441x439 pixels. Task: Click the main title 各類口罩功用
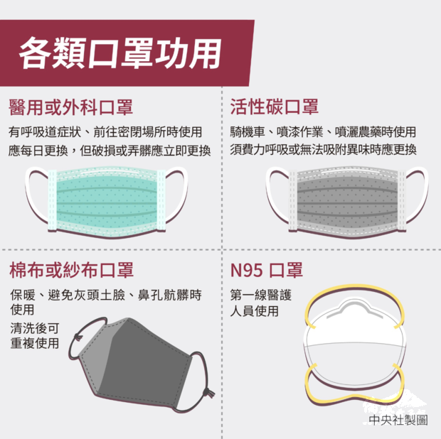120,53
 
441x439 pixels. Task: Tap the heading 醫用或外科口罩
70,107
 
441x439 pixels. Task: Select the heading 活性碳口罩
275,107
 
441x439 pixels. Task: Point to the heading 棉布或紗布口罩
71,270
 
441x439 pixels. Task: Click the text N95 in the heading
247,270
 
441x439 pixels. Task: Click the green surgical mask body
107,202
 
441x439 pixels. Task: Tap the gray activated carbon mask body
348,202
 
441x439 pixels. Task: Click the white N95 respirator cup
354,345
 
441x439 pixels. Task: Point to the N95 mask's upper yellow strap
355,287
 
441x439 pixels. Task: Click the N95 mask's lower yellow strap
355,400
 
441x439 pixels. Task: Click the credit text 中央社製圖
398,421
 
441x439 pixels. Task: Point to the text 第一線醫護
261,295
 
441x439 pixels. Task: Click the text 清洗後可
35,327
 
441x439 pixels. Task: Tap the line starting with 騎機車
323,132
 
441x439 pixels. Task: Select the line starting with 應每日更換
110,151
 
